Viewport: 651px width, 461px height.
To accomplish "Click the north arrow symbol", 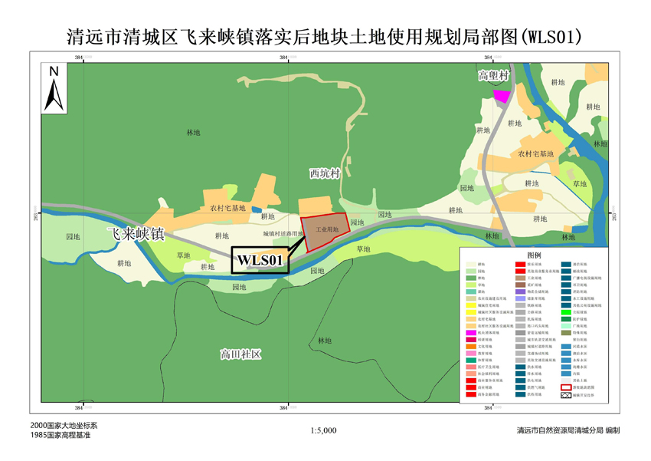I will click(x=54, y=86).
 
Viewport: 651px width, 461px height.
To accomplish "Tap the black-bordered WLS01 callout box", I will click(x=260, y=260).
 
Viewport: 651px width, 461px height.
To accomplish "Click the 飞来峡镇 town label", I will click(x=135, y=235).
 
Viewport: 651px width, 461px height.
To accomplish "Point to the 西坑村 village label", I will click(x=324, y=174).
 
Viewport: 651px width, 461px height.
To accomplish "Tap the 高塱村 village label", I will click(x=494, y=75).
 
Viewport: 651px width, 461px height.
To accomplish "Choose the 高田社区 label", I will click(x=241, y=354).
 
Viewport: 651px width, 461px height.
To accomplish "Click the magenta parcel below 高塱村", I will click(x=502, y=95).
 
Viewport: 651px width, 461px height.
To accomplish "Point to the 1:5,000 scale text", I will click(x=325, y=430).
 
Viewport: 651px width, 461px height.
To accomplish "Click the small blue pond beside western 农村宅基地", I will click(x=257, y=209).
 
